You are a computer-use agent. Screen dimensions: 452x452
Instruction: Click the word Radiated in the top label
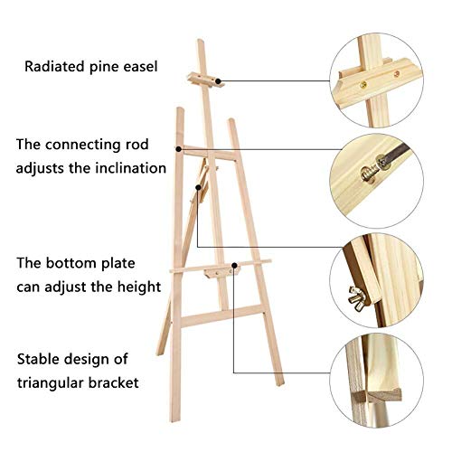tap(54, 66)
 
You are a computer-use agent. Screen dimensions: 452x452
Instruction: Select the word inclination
tap(131, 168)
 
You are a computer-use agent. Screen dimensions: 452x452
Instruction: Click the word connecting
tap(82, 146)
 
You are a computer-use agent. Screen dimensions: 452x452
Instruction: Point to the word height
tap(139, 287)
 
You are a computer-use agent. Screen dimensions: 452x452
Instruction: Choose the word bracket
tap(114, 382)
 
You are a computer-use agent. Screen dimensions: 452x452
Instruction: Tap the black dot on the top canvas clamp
tap(218, 81)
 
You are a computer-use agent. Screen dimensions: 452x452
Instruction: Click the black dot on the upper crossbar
tap(179, 149)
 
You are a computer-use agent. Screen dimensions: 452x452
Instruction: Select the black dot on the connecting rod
tap(198, 187)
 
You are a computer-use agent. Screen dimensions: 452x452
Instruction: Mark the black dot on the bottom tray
tap(234, 265)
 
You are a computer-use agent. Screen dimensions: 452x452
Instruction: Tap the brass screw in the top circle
tap(363, 85)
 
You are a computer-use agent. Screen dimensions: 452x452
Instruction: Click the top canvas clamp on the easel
tap(206, 80)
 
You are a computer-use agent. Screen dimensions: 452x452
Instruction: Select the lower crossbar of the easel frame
tap(222, 315)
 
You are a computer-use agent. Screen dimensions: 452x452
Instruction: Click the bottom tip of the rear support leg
tap(160, 353)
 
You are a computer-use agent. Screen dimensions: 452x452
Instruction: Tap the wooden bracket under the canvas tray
tap(221, 273)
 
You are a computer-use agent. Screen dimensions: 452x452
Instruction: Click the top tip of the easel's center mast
tap(201, 40)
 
